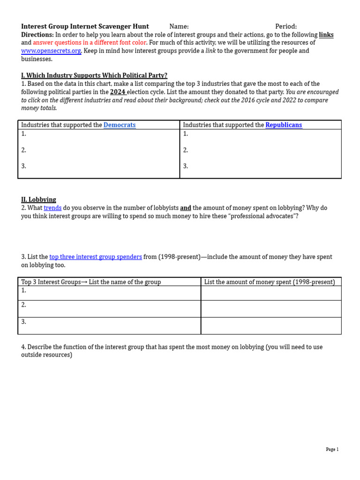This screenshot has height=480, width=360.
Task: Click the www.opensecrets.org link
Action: point(51,51)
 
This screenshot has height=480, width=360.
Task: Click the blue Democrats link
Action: point(120,125)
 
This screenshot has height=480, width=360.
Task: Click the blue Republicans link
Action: point(284,125)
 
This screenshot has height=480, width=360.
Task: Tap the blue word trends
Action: point(52,208)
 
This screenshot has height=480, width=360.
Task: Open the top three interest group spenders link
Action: point(96,257)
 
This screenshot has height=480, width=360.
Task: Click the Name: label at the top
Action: point(179,27)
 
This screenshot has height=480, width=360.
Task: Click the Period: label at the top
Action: point(286,27)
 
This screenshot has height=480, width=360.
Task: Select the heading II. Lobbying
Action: point(38,200)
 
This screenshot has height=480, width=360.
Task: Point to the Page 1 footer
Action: point(332,449)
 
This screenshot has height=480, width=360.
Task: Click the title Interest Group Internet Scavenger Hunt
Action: point(85,27)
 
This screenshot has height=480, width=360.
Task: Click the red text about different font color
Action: point(90,43)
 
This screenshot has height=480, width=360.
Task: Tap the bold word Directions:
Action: point(37,35)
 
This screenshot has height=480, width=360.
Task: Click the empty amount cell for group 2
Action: point(271,308)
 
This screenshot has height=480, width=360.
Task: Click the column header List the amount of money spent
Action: point(270,282)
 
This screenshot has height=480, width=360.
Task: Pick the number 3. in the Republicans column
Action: point(186,166)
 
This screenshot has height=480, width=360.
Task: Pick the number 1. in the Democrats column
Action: point(24,134)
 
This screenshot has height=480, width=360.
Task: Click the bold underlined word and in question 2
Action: point(186,208)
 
